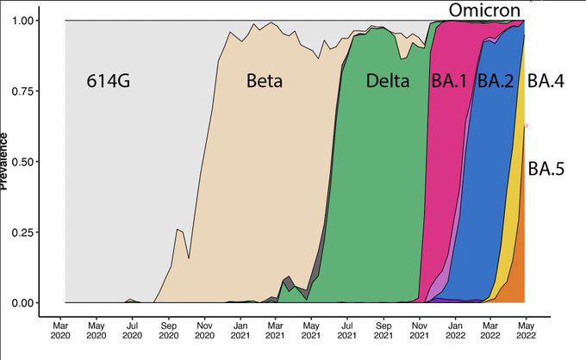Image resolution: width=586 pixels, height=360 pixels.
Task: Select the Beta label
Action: point(265,82)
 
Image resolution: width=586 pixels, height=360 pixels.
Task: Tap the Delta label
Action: point(387,82)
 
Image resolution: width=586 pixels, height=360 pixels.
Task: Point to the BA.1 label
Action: point(448,82)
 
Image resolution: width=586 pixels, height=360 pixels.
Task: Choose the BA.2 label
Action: point(496,82)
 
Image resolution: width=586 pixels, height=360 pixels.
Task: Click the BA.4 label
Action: point(545,82)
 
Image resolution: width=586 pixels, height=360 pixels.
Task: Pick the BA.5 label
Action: point(546,169)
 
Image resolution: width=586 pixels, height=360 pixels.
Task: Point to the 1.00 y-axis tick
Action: point(30,20)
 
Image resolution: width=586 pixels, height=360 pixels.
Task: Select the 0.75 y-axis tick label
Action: point(30,90)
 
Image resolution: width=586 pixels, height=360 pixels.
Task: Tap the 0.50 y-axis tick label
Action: point(30,161)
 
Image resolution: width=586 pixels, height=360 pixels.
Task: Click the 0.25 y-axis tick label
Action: point(30,233)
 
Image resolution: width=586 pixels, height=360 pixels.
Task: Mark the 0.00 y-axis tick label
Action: point(30,303)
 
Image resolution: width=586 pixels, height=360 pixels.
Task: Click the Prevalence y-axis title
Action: point(6,161)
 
